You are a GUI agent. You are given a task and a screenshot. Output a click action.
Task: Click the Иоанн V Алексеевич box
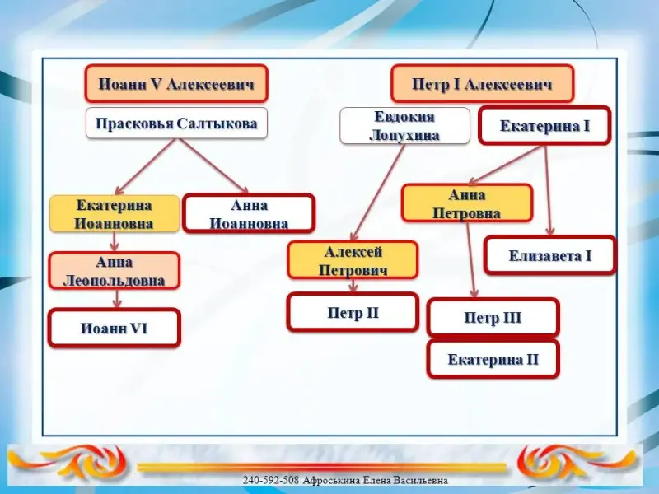click(x=176, y=83)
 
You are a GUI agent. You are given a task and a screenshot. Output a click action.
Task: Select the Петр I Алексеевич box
click(x=483, y=83)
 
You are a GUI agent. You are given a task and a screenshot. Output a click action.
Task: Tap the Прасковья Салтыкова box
click(x=176, y=123)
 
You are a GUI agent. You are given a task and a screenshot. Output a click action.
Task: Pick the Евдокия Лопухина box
click(x=404, y=126)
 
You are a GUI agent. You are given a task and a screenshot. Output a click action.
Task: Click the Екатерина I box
click(x=544, y=126)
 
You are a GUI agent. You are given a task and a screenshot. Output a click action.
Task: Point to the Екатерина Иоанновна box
click(x=115, y=213)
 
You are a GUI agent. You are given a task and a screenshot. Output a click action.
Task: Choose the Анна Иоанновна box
click(x=249, y=213)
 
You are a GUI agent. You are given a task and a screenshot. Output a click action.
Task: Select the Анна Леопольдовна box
click(x=115, y=271)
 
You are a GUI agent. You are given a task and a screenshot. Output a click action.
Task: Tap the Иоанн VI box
click(x=115, y=328)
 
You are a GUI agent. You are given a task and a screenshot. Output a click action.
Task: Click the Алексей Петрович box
click(x=353, y=260)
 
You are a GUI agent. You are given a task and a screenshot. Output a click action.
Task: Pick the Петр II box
click(x=353, y=313)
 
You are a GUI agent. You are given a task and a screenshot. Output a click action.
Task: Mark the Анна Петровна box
click(x=467, y=203)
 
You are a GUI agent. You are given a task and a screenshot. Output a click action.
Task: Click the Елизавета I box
click(x=550, y=255)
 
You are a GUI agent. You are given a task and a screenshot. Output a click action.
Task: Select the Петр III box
click(x=493, y=317)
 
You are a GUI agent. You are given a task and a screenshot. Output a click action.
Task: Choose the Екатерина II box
click(x=493, y=359)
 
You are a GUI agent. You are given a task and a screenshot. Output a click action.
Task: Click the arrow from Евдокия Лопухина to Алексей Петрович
click(x=378, y=193)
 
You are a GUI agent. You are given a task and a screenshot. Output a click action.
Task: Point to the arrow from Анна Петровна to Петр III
click(x=471, y=260)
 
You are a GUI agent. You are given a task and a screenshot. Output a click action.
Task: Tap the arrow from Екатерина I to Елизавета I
click(x=548, y=190)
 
